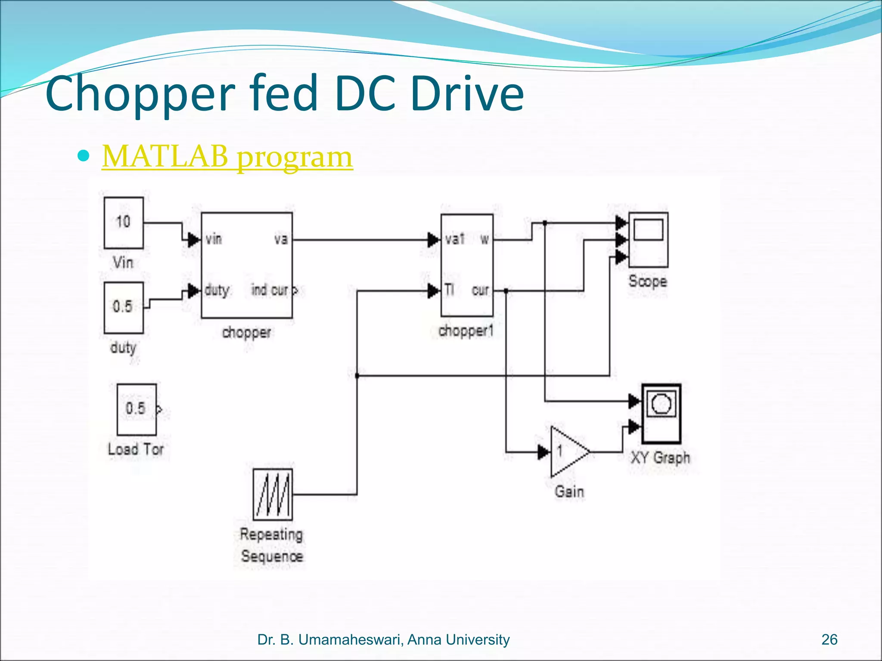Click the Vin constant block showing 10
[x=124, y=222]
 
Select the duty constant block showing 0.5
[x=124, y=307]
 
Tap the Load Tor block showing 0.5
[x=137, y=409]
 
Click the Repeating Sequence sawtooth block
[x=273, y=494]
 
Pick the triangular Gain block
[x=568, y=452]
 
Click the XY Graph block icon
[x=661, y=414]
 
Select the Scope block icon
[x=648, y=240]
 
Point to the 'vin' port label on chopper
[x=214, y=239]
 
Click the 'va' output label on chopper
[x=281, y=239]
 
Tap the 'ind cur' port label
[x=270, y=290]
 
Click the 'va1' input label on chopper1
[x=455, y=239]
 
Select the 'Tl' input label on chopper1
[x=449, y=290]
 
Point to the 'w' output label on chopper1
[x=484, y=239]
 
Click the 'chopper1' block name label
[x=466, y=331]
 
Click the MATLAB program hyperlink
[x=227, y=157]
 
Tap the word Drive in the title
[x=467, y=93]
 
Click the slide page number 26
[x=829, y=639]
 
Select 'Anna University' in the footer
[x=458, y=639]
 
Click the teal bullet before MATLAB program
[x=84, y=155]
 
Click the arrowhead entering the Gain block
[x=543, y=452]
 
